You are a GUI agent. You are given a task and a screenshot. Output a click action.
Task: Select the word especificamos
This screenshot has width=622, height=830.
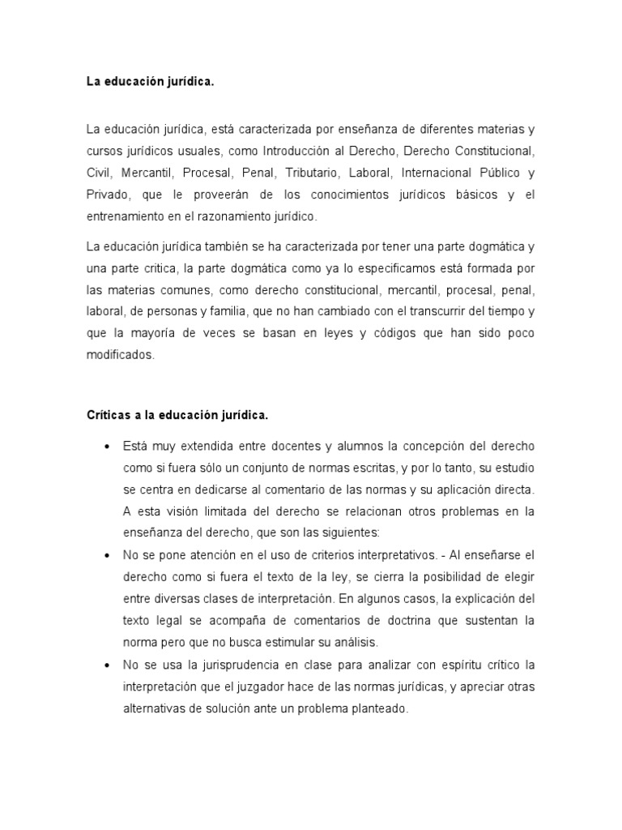[x=375, y=267]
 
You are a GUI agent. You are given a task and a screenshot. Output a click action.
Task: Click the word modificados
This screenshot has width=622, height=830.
[x=119, y=355]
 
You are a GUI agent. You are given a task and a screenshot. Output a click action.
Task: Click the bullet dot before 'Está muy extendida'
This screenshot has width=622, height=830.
[x=107, y=447]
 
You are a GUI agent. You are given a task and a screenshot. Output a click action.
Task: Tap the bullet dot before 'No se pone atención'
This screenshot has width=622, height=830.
[x=107, y=556]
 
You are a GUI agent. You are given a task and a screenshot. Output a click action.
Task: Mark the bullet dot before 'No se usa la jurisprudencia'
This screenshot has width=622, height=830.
[x=107, y=665]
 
